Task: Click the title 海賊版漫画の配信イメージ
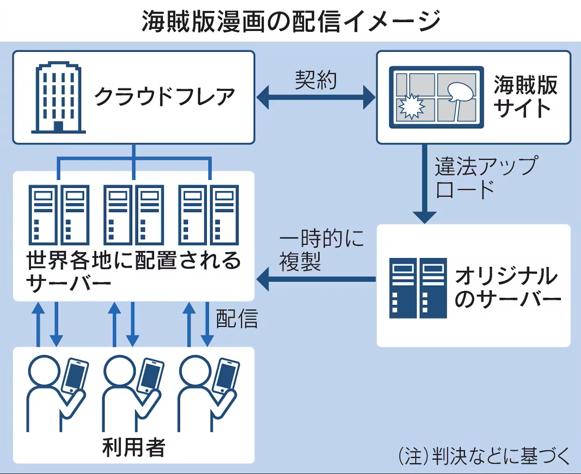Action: tap(290, 21)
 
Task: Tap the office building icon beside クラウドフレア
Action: tap(58, 97)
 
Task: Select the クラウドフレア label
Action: tap(165, 97)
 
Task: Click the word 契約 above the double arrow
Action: tap(316, 79)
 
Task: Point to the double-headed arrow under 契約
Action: tap(316, 97)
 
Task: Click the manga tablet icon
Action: tap(436, 97)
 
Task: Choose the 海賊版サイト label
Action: tap(525, 97)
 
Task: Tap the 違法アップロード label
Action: tap(486, 177)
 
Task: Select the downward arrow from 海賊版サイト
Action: tap(424, 184)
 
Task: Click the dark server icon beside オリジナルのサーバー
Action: tap(418, 288)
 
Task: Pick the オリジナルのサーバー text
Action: tap(507, 287)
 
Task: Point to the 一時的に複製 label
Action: tap(321, 250)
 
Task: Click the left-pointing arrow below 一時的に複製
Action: tap(316, 279)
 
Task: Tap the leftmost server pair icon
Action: tap(59, 215)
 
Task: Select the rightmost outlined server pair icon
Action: tap(208, 215)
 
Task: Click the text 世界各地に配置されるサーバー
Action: tap(133, 271)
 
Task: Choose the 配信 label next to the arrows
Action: tap(237, 319)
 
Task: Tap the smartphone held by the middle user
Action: tap(151, 375)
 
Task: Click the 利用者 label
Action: tap(134, 447)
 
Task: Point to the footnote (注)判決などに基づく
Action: tap(484, 456)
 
